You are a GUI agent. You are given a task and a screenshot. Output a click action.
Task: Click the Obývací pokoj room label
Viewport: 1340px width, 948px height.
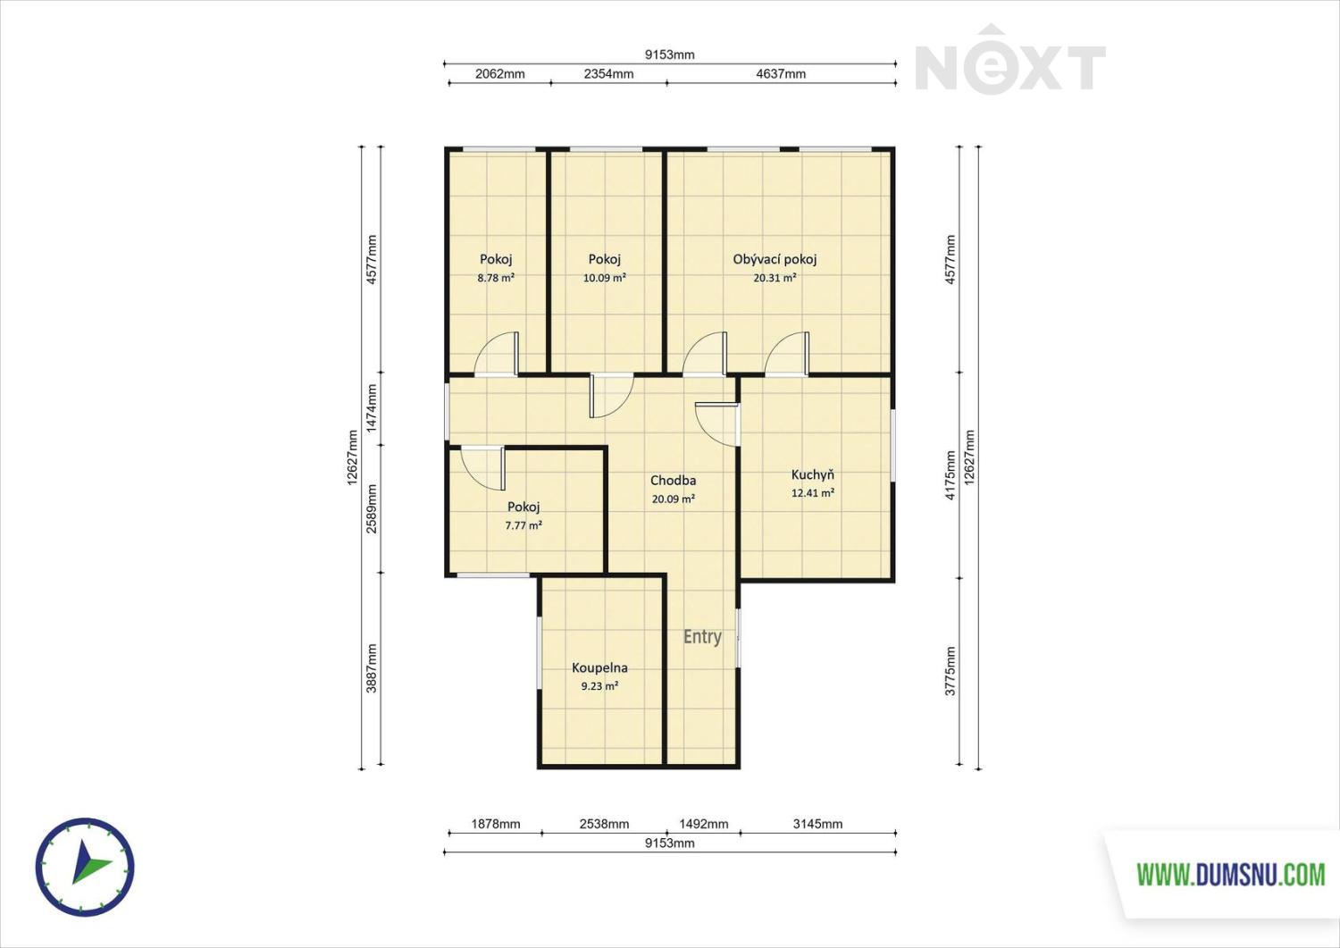coord(775,259)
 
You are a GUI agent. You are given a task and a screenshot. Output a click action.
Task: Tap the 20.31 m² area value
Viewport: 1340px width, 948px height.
coord(775,278)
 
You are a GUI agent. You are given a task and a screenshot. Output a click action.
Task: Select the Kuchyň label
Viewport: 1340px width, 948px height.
coord(812,474)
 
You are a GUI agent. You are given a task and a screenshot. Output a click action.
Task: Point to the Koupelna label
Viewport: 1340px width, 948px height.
coord(599,667)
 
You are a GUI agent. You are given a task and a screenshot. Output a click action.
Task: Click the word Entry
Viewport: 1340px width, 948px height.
coord(702,636)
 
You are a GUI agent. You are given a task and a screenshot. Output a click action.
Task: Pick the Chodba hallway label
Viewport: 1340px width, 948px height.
coord(673,480)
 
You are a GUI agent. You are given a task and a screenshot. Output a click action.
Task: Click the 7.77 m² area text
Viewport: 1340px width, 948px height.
coord(523,525)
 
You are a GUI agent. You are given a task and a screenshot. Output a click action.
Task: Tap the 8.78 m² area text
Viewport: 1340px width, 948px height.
coord(496,278)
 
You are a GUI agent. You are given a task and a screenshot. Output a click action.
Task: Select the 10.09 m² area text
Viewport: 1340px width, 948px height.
coord(604,278)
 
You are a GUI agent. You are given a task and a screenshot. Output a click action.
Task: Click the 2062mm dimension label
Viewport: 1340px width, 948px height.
coord(499,73)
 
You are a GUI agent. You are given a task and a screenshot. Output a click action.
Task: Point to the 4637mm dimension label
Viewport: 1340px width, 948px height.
coord(781,73)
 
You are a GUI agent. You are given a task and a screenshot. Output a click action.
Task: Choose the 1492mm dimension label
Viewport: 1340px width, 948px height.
coord(704,824)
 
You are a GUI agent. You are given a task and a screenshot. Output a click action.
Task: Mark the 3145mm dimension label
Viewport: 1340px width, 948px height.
coord(817,824)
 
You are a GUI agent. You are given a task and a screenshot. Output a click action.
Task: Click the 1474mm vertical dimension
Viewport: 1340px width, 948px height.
coord(372,408)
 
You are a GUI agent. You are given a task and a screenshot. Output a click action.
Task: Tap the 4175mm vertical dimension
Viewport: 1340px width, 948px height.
coord(950,475)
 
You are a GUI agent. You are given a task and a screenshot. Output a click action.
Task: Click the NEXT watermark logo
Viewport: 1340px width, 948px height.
coord(1010,60)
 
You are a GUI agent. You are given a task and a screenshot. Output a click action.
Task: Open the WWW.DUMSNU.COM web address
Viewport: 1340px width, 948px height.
coord(1231,875)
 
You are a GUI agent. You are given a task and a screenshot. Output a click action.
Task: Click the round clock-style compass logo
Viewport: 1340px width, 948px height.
coord(85,868)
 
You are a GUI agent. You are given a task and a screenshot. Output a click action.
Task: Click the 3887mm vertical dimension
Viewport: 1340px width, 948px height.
coord(372,668)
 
